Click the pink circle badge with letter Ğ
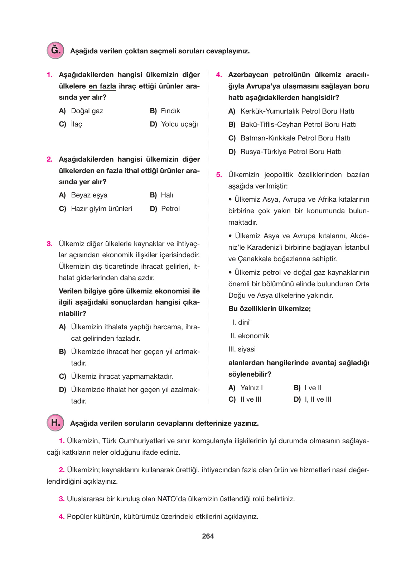(55, 50)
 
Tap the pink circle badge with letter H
(55, 422)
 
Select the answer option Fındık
(170, 111)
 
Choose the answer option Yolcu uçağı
(179, 124)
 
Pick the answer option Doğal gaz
(87, 111)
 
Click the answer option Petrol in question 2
(170, 209)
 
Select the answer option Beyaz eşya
(89, 195)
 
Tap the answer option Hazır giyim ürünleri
(101, 209)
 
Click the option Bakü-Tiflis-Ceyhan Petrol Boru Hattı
(298, 124)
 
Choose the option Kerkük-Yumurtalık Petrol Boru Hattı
(297, 111)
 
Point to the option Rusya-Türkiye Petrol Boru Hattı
(291, 152)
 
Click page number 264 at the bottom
(208, 536)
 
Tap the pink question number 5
(219, 174)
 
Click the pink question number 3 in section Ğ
(49, 244)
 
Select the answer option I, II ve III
(318, 399)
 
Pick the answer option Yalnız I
(251, 388)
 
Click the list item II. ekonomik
(250, 336)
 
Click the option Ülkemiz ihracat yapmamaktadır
(122, 376)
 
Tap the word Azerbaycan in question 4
(248, 75)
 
